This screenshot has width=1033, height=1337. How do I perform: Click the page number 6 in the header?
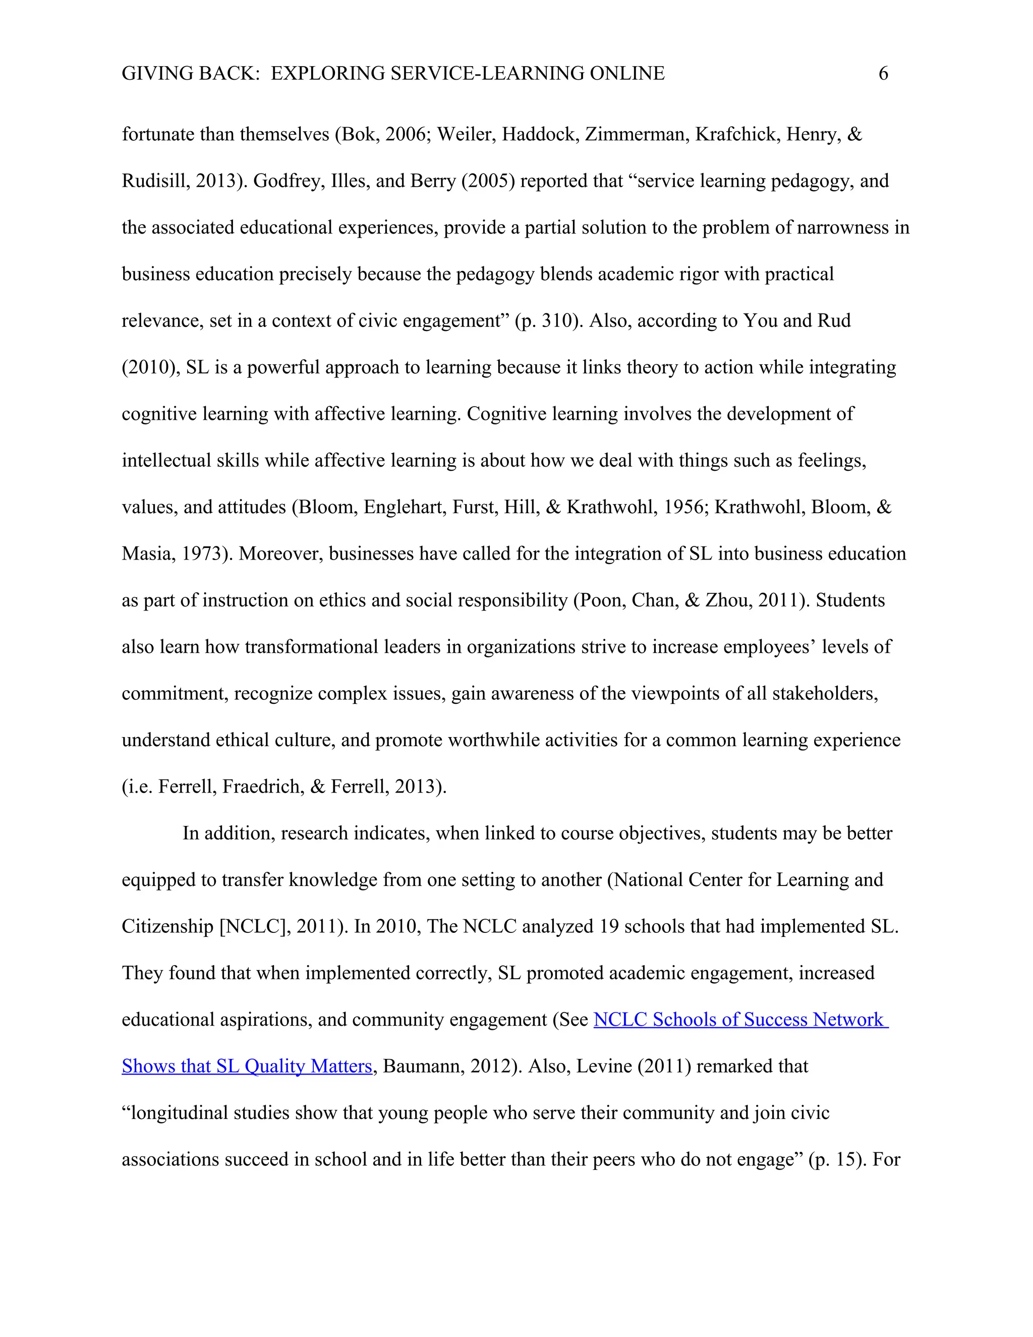pos(883,74)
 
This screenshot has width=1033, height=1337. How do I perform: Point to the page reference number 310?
pos(556,321)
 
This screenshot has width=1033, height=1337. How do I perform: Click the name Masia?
pos(147,554)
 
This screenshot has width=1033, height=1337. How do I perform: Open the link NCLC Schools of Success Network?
pos(738,1020)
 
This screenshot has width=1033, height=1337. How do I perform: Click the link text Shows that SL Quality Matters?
pos(247,1067)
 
